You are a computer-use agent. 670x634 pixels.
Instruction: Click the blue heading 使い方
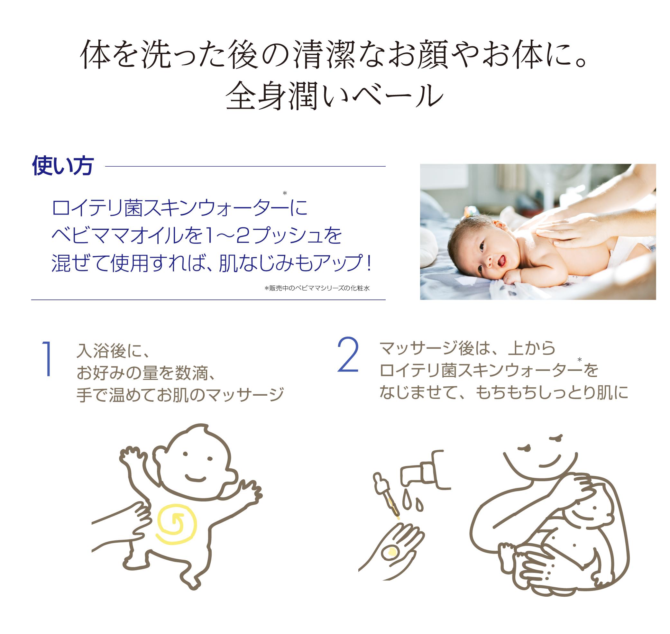pos(62,166)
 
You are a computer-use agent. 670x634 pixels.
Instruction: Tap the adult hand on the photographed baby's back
pos(568,233)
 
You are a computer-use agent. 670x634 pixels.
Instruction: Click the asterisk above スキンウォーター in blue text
pos(284,193)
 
